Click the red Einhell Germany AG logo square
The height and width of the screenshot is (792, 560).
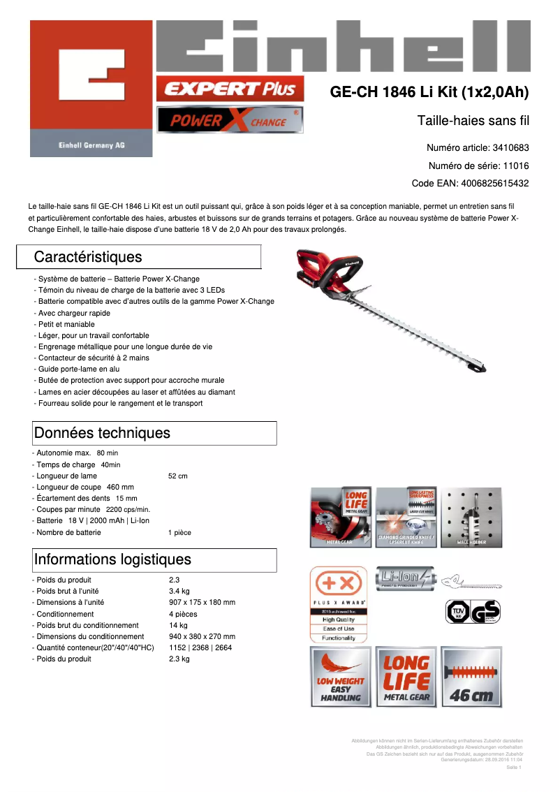(x=91, y=88)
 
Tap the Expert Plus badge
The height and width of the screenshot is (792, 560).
(x=230, y=89)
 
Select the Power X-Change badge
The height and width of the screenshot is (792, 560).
(x=230, y=120)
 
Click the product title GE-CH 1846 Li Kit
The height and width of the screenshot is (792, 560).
(x=429, y=92)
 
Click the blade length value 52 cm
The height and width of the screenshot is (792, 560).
(x=178, y=476)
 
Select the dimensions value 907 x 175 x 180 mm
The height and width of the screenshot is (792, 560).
(x=202, y=603)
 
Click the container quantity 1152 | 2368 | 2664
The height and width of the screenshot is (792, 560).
(x=200, y=647)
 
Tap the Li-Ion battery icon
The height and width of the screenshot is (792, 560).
(x=405, y=578)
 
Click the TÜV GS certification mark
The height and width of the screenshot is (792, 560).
(x=473, y=612)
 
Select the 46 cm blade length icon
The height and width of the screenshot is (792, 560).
(x=471, y=677)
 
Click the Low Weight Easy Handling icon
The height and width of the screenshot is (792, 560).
(x=339, y=677)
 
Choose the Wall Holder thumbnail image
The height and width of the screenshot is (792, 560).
(x=471, y=517)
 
